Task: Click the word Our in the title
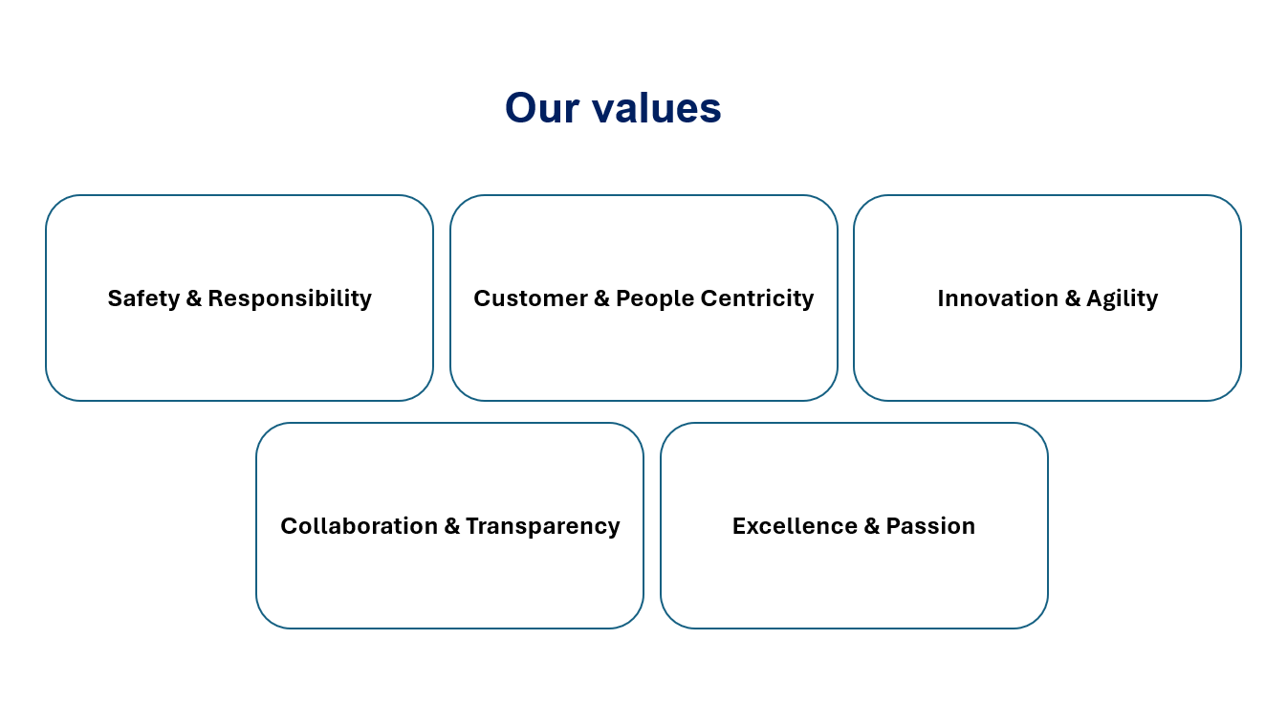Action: (542, 108)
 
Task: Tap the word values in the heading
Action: (657, 108)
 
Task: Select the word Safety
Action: (143, 299)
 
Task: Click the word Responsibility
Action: (290, 299)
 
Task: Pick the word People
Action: (655, 299)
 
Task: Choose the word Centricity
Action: (757, 299)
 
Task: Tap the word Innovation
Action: (997, 298)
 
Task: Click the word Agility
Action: (1122, 299)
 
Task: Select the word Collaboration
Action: (360, 526)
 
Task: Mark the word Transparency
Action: (543, 526)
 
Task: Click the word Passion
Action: (930, 526)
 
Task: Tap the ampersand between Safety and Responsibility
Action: (194, 298)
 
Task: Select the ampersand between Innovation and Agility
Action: (1072, 298)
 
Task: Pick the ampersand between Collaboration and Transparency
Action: (452, 526)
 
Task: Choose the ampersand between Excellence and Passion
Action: (872, 526)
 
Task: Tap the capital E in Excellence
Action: (739, 526)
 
